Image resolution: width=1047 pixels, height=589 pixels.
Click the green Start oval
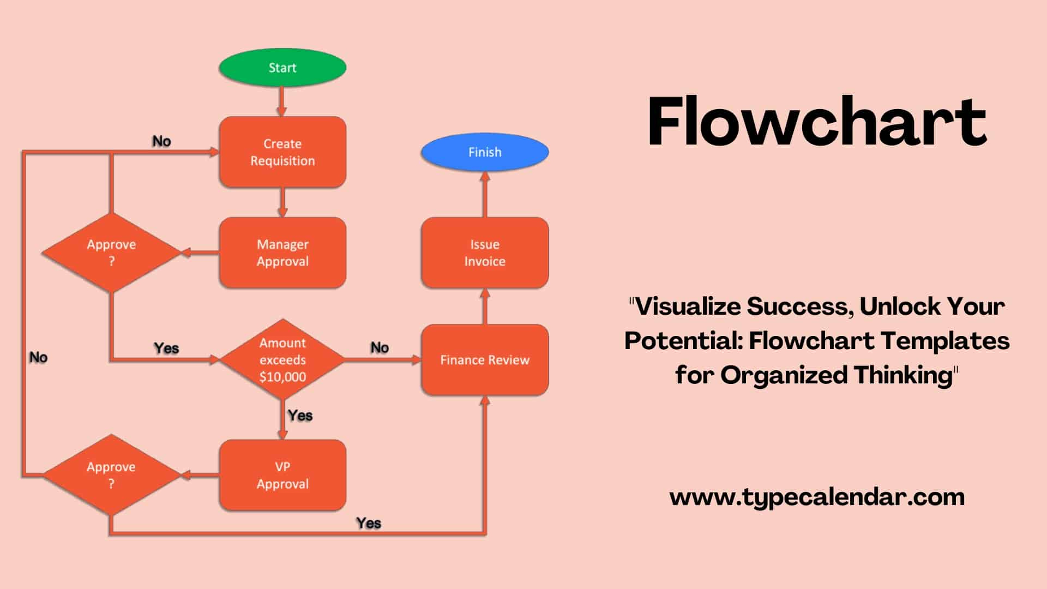pyautogui.click(x=282, y=68)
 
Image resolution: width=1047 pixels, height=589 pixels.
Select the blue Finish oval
pyautogui.click(x=484, y=152)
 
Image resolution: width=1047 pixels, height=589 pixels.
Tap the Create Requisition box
pyautogui.click(x=282, y=152)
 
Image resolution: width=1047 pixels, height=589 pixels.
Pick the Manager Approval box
pyautogui.click(x=282, y=253)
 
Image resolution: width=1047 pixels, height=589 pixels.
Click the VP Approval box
pyautogui.click(x=282, y=475)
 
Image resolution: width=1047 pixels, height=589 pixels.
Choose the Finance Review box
pyautogui.click(x=484, y=360)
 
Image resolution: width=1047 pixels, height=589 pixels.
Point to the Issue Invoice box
pyautogui.click(x=484, y=253)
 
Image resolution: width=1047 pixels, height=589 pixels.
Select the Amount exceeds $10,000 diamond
pyautogui.click(x=282, y=360)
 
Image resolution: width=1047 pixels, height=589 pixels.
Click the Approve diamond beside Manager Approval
pyautogui.click(x=111, y=253)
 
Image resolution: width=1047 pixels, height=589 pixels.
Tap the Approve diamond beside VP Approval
pyautogui.click(x=111, y=475)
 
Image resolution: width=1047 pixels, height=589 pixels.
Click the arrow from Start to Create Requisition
pyautogui.click(x=282, y=101)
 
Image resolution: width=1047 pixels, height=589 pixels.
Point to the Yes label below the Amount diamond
pyautogui.click(x=300, y=416)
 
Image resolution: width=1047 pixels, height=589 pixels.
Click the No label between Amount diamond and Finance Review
pyautogui.click(x=380, y=348)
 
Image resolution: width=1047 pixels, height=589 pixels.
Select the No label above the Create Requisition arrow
pyautogui.click(x=161, y=142)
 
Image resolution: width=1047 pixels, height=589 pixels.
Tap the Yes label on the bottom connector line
pyautogui.click(x=369, y=523)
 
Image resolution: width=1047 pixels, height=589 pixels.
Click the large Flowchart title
pyautogui.click(x=816, y=122)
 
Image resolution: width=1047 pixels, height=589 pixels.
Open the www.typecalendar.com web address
pyautogui.click(x=817, y=497)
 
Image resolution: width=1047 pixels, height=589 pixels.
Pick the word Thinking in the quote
pyautogui.click(x=902, y=375)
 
